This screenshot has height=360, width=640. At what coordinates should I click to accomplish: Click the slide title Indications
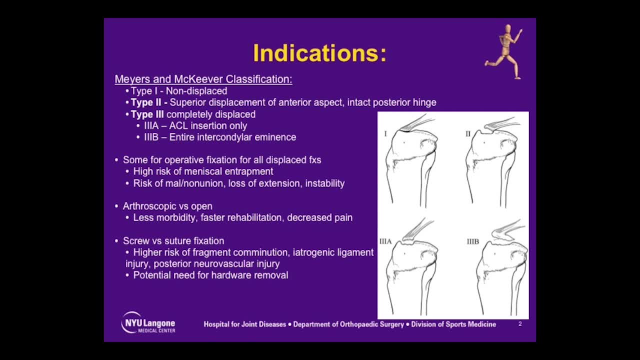(x=319, y=53)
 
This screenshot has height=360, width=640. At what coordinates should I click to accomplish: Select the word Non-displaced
(x=196, y=91)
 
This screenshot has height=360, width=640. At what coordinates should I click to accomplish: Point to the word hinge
(x=423, y=102)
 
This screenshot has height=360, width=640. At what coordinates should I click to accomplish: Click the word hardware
(x=230, y=275)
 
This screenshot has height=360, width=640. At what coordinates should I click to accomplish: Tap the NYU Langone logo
(x=148, y=323)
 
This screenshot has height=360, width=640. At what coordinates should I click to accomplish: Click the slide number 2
(x=520, y=324)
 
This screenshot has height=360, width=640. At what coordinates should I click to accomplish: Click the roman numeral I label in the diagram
(x=385, y=133)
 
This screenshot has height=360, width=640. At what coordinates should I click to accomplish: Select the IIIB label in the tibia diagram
(x=472, y=241)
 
